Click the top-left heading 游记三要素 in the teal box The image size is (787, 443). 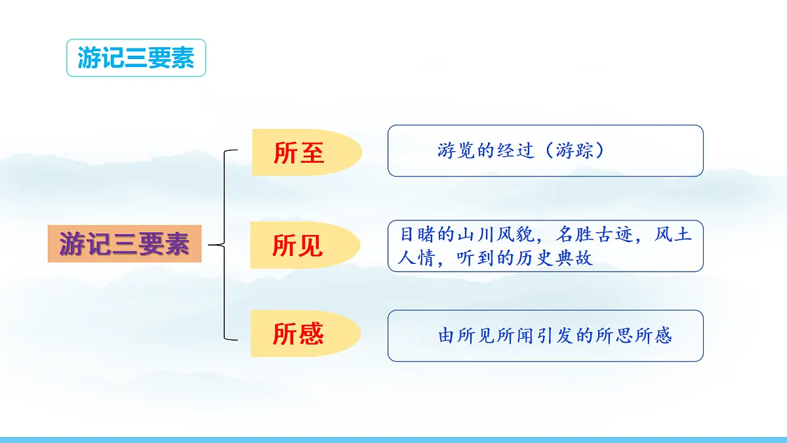136,58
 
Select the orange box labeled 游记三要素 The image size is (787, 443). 125,243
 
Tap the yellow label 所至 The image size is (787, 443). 299,153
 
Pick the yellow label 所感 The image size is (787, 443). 298,334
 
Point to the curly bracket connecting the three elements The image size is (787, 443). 224,245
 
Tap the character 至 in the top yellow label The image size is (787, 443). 312,153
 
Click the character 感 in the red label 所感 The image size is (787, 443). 312,334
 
